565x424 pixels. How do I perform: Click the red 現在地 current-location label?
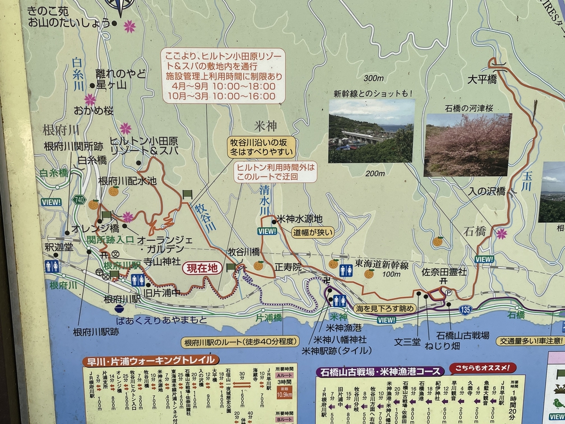coord(202,269)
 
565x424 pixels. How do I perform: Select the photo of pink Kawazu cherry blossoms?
coord(468,144)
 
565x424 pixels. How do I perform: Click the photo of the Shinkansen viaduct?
coord(371,131)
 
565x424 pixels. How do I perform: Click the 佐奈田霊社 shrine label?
coord(445,272)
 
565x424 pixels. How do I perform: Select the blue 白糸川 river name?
coord(79,75)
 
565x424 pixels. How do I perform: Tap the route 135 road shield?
coord(466,309)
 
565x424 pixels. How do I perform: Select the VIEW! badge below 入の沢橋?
coord(484,259)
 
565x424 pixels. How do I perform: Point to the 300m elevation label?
coord(373,77)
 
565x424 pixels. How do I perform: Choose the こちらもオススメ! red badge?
coord(483,368)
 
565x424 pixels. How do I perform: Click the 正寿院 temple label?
coord(288,267)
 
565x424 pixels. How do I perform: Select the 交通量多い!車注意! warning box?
coord(530,341)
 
